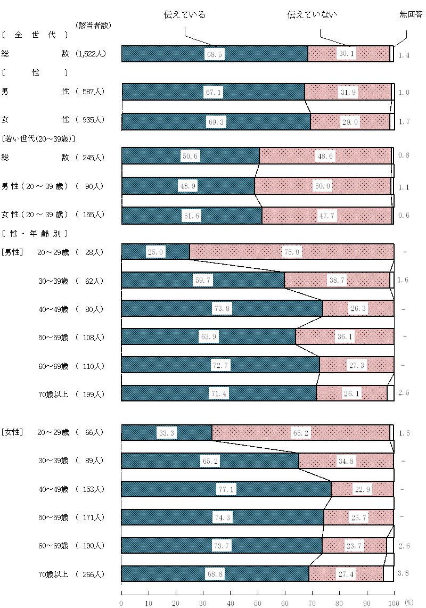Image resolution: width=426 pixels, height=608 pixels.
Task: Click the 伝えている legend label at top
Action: coord(185,15)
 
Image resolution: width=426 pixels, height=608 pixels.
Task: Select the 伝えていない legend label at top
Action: coord(312,15)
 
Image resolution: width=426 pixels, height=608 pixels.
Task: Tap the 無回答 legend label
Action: coord(411,15)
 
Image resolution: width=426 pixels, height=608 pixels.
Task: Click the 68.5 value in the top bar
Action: coord(214,54)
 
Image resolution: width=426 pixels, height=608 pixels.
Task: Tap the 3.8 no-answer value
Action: coord(404,574)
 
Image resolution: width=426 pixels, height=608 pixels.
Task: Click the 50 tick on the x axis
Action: coord(258,603)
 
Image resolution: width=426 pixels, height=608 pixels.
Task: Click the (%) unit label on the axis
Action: coord(408,603)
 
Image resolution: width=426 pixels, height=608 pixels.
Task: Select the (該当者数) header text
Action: coord(94,25)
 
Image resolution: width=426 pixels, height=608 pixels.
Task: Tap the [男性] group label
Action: coord(12,252)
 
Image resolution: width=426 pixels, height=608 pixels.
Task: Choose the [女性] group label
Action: coord(12,432)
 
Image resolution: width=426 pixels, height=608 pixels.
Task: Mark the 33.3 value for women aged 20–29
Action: coord(166,433)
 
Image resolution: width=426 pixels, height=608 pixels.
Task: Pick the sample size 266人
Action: coord(94,574)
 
